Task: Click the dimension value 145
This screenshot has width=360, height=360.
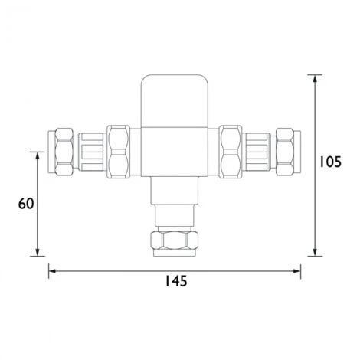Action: [175, 281]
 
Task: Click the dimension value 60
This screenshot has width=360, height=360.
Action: [26, 204]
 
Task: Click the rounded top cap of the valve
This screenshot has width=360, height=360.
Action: [175, 89]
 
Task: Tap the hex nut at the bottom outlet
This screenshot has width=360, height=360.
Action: [175, 243]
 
